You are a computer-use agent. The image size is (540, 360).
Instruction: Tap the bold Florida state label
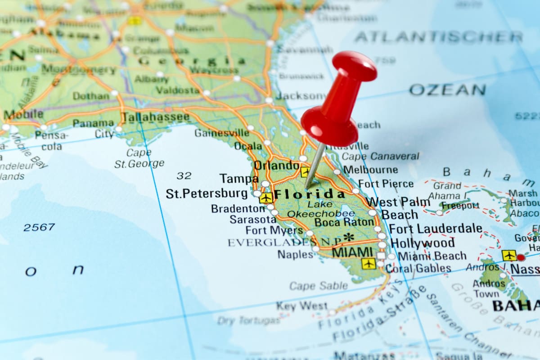(310, 194)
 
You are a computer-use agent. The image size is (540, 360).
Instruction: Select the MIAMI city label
(352, 252)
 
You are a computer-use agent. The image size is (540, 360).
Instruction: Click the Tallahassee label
(156, 117)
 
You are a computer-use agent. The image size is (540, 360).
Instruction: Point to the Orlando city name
(276, 165)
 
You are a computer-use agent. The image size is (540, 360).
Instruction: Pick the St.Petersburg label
(207, 193)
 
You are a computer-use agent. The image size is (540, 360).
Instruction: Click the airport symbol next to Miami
(369, 263)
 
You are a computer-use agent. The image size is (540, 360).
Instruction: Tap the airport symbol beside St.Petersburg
(266, 198)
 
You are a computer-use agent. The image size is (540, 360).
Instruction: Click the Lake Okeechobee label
(321, 209)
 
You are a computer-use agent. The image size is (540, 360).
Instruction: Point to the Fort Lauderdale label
(436, 229)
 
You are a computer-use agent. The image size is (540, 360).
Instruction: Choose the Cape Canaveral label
(380, 156)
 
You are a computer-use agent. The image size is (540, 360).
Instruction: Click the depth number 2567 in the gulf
(39, 227)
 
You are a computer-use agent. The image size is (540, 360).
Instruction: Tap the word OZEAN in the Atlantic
(447, 90)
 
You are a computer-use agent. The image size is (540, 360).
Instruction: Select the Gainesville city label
(221, 133)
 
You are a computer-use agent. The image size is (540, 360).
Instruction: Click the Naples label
(295, 254)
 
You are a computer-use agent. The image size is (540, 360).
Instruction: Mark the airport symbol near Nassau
(509, 255)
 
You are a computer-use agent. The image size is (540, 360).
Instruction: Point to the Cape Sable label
(319, 286)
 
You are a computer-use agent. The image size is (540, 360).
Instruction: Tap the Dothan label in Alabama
(91, 96)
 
